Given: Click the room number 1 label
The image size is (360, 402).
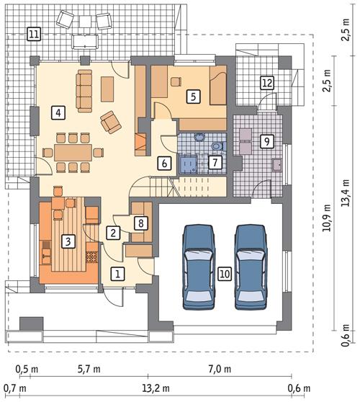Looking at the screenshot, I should click(x=117, y=273).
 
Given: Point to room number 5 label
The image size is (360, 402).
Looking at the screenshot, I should click(x=192, y=95).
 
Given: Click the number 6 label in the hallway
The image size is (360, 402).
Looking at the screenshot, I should click(x=165, y=163).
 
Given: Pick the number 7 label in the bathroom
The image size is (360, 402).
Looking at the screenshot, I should click(x=214, y=163).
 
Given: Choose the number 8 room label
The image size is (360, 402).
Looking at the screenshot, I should click(x=140, y=223).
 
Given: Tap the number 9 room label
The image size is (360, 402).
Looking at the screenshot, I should click(x=266, y=141).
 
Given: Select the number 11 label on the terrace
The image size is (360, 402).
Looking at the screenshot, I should click(x=33, y=32).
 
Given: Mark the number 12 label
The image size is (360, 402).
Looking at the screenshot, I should click(x=266, y=83).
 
